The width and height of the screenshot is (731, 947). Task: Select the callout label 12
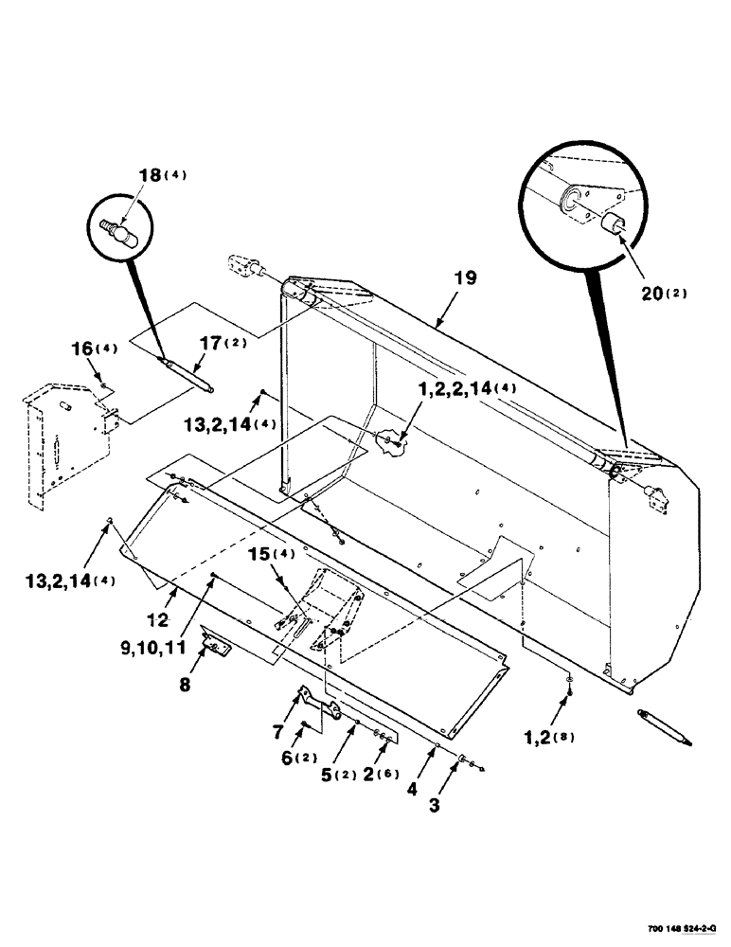(160, 619)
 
